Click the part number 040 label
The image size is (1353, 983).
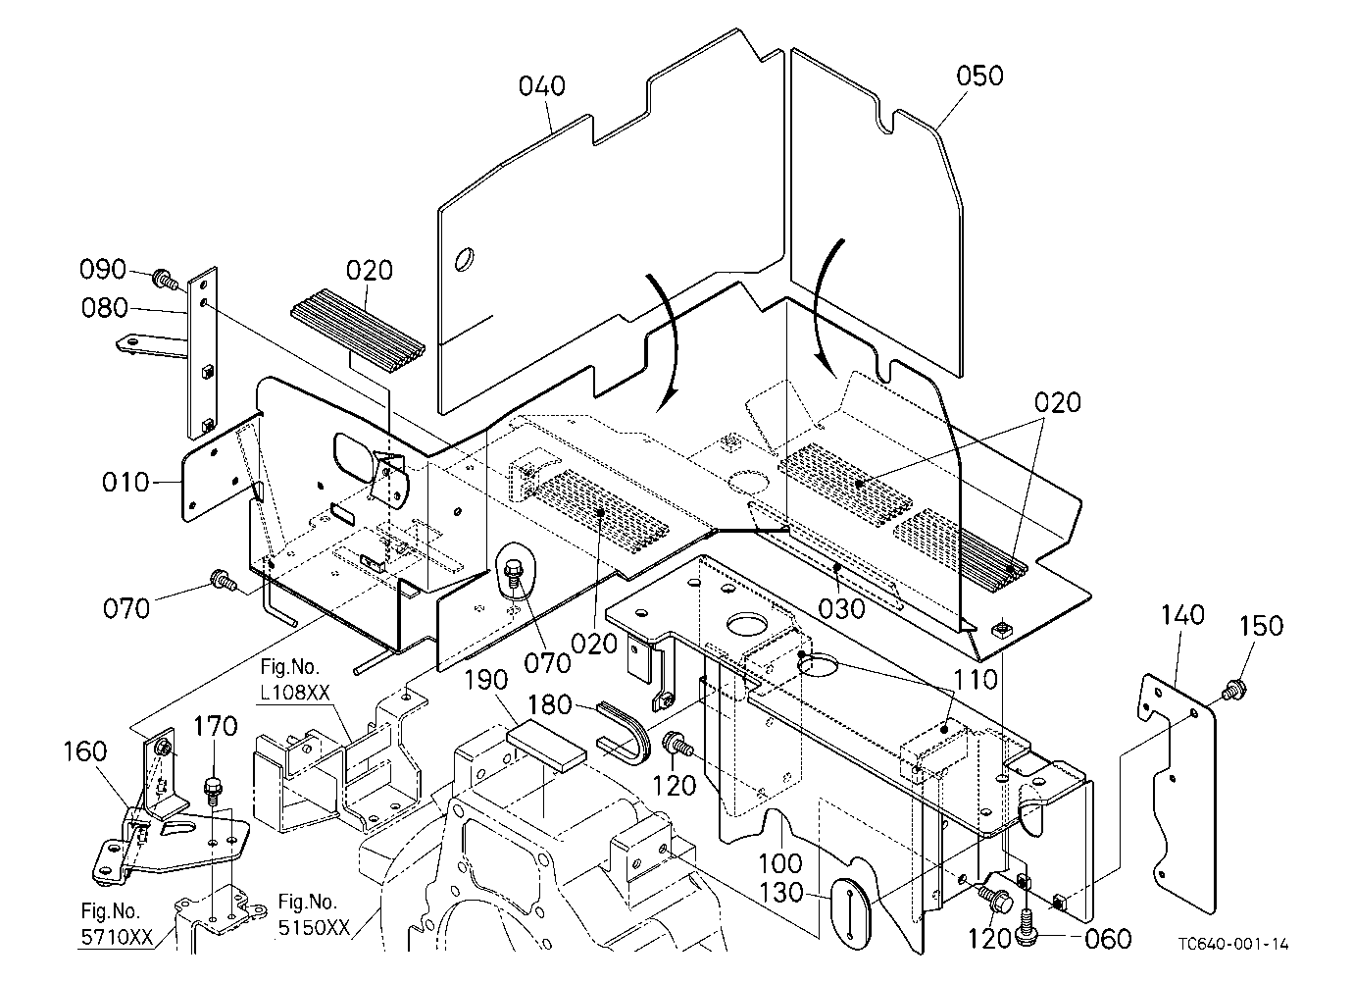tap(542, 86)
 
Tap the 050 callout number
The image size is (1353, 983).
tap(979, 77)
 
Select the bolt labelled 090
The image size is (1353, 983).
tap(166, 280)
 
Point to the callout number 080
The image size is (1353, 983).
tap(105, 308)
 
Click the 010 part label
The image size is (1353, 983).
tap(125, 483)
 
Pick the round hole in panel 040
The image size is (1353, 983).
tap(464, 259)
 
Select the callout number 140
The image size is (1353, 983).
tap(1182, 615)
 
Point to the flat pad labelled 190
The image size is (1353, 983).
tap(546, 747)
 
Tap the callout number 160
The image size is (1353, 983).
tap(86, 751)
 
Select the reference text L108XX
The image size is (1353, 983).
tap(295, 693)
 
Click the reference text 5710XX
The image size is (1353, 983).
tap(117, 938)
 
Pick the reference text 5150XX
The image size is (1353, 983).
tap(314, 928)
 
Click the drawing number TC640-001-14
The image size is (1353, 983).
tap(1232, 945)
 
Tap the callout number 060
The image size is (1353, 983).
tap(1108, 939)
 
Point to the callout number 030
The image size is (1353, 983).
tap(841, 609)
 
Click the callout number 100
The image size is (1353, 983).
tap(780, 863)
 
